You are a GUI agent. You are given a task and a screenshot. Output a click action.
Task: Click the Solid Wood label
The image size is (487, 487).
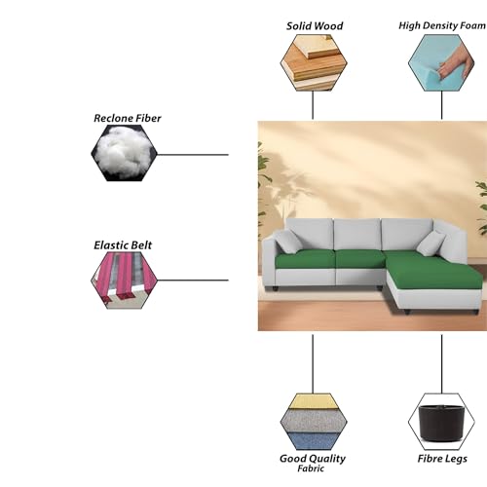[315, 26]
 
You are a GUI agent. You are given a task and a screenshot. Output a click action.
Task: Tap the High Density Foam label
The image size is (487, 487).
[442, 25]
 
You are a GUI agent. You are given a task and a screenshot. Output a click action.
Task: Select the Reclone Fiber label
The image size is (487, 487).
[128, 118]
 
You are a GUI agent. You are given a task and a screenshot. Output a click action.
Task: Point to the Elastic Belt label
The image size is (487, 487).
[123, 245]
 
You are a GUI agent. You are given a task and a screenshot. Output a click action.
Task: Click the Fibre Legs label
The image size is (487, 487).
[442, 459]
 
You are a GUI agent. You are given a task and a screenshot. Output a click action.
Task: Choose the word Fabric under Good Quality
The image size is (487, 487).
[311, 468]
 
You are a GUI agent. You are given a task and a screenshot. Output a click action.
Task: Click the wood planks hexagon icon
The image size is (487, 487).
[314, 62]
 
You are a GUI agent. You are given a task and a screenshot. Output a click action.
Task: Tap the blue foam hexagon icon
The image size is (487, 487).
[441, 62]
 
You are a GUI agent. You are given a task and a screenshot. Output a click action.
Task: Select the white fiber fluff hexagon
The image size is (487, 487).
[124, 153]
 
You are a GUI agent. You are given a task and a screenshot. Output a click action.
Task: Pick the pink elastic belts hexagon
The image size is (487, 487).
[124, 281]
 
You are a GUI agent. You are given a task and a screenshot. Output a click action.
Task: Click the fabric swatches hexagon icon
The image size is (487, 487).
[314, 422]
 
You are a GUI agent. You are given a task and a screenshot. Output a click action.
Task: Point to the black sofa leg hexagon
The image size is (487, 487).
[441, 422]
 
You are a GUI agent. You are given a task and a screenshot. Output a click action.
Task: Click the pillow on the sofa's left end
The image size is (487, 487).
[288, 242]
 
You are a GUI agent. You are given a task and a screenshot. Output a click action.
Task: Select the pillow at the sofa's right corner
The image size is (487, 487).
[431, 243]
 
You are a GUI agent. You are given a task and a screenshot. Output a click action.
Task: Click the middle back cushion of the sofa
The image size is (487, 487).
[357, 235]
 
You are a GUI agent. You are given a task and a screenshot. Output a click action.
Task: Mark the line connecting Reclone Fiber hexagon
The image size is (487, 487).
[193, 155]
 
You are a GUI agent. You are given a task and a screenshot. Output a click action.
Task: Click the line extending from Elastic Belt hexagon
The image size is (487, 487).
[193, 281]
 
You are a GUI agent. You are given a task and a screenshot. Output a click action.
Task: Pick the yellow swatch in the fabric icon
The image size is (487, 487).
[314, 401]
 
